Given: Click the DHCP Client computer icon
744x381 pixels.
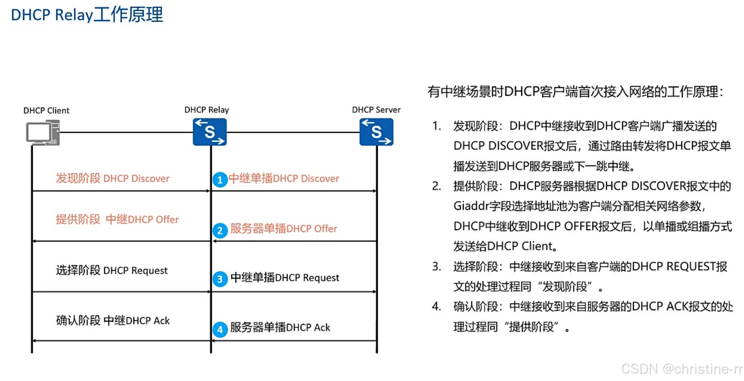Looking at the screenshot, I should pyautogui.click(x=43, y=133).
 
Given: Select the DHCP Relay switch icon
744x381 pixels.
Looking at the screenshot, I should pyautogui.click(x=210, y=132).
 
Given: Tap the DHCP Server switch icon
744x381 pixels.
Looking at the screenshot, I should pyautogui.click(x=376, y=132).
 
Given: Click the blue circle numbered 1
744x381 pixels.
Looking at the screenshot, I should pyautogui.click(x=220, y=180).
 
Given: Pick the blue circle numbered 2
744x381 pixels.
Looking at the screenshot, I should pyautogui.click(x=220, y=230).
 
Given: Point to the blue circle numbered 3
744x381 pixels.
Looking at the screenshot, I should pyautogui.click(x=220, y=279).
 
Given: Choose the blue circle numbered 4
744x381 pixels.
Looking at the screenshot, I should pyautogui.click(x=220, y=330).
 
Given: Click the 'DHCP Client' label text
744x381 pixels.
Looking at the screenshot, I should pyautogui.click(x=46, y=111).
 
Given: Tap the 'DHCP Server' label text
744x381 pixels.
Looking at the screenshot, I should pyautogui.click(x=376, y=110).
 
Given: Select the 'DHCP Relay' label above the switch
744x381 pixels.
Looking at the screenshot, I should pyautogui.click(x=207, y=110).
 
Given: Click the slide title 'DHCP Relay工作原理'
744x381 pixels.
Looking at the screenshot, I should pyautogui.click(x=87, y=15).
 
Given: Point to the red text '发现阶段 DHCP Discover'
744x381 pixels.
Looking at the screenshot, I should pyautogui.click(x=113, y=179).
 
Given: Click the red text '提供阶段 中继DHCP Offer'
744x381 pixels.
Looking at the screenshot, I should pyautogui.click(x=117, y=220).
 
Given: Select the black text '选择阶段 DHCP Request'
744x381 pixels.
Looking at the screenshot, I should pyautogui.click(x=112, y=271).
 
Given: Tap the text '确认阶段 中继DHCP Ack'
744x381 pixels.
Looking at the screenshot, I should pyautogui.click(x=113, y=321).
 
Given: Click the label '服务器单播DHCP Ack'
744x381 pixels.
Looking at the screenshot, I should pyautogui.click(x=280, y=328).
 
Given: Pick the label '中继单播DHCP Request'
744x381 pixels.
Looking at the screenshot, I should pyautogui.click(x=285, y=278).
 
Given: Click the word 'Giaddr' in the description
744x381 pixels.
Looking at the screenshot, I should pyautogui.click(x=471, y=206).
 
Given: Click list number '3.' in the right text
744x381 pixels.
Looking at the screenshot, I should pyautogui.click(x=437, y=267).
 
